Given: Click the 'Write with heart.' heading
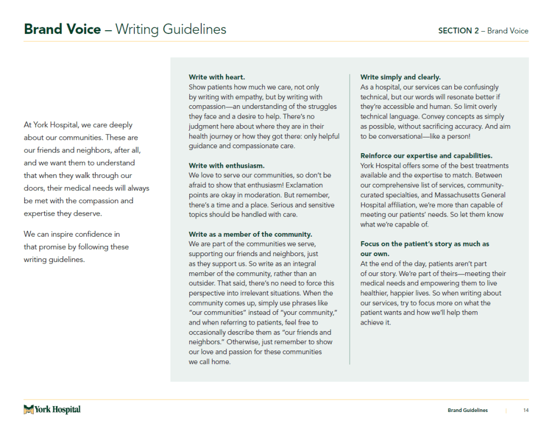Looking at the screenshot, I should pyautogui.click(x=216, y=77).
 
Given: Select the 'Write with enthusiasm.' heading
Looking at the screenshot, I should pyautogui.click(x=227, y=166).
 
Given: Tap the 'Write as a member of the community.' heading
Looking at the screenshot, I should pyautogui.click(x=250, y=234).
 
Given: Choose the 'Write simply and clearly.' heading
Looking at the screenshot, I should pyautogui.click(x=400, y=77).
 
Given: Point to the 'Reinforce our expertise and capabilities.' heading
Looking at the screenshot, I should pyautogui.click(x=426, y=156).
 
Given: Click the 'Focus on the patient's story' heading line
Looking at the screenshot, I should pyautogui.click(x=425, y=244).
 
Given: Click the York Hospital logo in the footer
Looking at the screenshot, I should pyautogui.click(x=52, y=410).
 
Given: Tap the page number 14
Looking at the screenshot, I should pyautogui.click(x=526, y=410).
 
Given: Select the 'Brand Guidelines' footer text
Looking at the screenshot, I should pyautogui.click(x=467, y=410).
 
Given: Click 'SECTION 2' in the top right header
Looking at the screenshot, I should pyautogui.click(x=458, y=31).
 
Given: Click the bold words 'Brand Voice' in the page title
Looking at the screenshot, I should pyautogui.click(x=62, y=29).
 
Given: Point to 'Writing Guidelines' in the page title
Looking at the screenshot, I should pyautogui.click(x=171, y=29).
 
